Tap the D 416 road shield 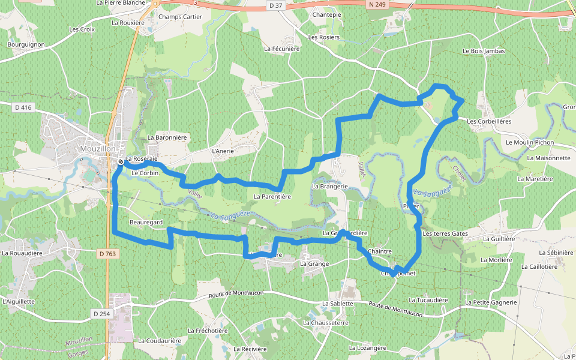click(x=23, y=107)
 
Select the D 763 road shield click(x=107, y=254)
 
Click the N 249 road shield click(x=376, y=4)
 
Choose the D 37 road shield click(x=275, y=5)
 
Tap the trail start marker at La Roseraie click(x=121, y=161)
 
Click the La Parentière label click(x=272, y=196)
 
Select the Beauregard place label click(x=146, y=223)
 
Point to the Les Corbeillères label click(x=488, y=121)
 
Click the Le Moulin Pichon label click(x=530, y=143)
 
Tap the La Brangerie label click(x=329, y=187)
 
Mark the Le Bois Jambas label click(x=484, y=52)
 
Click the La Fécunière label click(x=281, y=49)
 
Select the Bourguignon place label click(x=26, y=44)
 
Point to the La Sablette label click(x=338, y=304)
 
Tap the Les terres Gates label click(x=445, y=233)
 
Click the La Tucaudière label click(x=428, y=300)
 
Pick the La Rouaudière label click(x=22, y=253)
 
